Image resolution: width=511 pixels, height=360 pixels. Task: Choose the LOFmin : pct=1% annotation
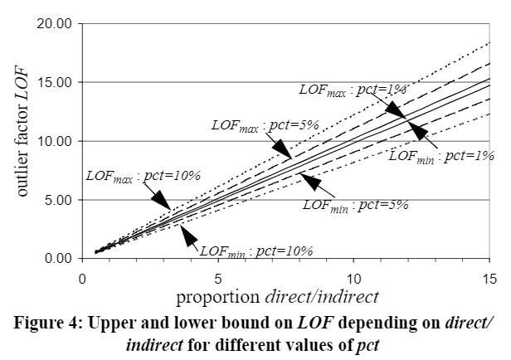(440, 154)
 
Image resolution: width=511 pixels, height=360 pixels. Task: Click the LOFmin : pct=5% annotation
(355, 203)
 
